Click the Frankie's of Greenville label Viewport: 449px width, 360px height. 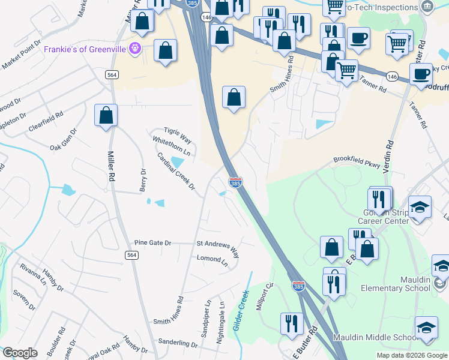[87, 49]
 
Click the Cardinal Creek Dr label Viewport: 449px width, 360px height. [176, 171]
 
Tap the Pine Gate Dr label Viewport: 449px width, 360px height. [152, 243]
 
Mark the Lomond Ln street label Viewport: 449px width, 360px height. [212, 261]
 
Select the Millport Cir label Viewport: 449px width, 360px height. [265, 296]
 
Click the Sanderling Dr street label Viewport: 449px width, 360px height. [178, 344]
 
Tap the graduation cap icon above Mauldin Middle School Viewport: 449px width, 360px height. [426, 328]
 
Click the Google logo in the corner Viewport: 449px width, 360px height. [20, 353]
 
